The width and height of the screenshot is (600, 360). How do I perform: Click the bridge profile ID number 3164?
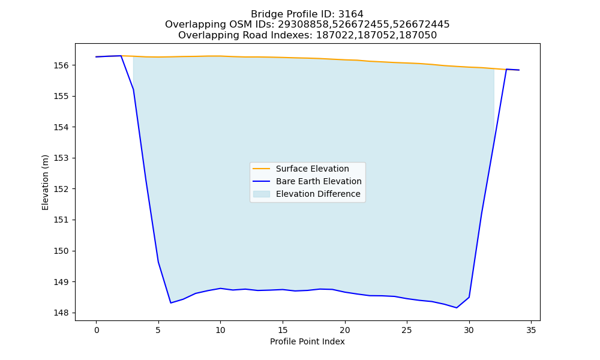[351, 14]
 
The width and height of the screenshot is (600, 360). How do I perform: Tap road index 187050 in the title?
[418, 35]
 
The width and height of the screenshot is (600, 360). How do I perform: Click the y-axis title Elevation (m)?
[45, 182]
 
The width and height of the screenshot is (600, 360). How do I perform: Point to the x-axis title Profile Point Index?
[307, 341]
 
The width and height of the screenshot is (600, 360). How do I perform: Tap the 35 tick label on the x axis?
[531, 330]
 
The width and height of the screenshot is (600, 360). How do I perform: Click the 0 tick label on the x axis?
[96, 330]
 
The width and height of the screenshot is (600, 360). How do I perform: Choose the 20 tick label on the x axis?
[345, 330]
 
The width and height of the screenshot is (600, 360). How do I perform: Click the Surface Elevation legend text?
[312, 169]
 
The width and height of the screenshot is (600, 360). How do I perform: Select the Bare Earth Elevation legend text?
[319, 181]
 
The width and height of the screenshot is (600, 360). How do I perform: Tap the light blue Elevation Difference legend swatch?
[262, 194]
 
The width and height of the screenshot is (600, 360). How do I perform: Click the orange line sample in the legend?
[262, 169]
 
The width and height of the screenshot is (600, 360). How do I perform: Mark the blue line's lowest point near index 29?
[457, 308]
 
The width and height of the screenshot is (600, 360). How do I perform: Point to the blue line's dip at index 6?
[170, 303]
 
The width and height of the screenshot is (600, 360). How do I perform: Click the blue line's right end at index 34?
[519, 70]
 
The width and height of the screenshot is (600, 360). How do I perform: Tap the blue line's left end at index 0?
[96, 56]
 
